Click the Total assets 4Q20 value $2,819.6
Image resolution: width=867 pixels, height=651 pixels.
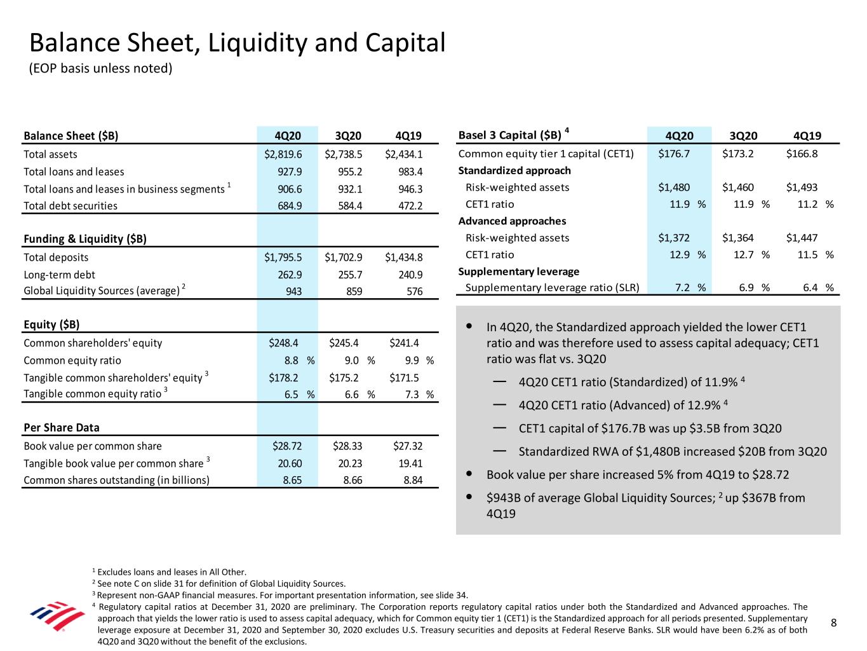point(283,154)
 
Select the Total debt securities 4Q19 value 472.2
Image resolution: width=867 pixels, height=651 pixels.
point(409,206)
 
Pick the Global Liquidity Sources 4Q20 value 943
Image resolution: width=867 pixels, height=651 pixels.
point(293,291)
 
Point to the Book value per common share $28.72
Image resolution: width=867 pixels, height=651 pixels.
point(287,446)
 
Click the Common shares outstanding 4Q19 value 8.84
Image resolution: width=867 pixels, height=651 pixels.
point(413,481)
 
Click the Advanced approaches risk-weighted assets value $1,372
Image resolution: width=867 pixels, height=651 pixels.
point(674,238)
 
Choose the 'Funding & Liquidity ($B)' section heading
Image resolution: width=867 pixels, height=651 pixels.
point(85,239)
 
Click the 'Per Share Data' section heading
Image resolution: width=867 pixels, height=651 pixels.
point(62,428)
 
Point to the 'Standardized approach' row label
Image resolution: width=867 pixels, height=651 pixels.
point(514,170)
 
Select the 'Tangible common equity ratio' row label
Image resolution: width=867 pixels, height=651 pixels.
point(92,394)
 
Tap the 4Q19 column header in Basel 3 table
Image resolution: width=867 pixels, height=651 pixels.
point(807,136)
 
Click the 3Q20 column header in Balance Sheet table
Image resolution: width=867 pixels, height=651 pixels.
point(347,136)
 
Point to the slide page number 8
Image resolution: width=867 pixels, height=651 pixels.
point(835,624)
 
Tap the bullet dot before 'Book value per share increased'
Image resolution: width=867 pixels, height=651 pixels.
point(469,474)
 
